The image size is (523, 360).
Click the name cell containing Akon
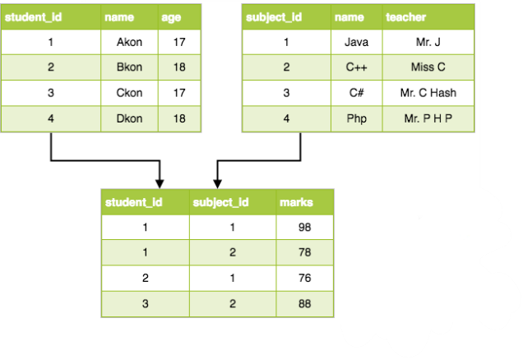[x=129, y=42]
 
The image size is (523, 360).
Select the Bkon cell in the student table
[x=129, y=67]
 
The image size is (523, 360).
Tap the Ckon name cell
[x=129, y=93]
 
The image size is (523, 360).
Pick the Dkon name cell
[x=129, y=118]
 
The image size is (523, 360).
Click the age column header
[x=179, y=17]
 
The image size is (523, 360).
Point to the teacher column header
[x=428, y=17]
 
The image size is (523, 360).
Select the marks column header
[x=305, y=202]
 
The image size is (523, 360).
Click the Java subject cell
[x=357, y=42]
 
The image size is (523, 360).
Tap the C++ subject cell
[x=357, y=67]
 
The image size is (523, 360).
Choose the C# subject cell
[x=357, y=93]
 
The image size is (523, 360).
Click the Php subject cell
[x=357, y=118]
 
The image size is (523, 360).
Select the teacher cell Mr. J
[x=428, y=42]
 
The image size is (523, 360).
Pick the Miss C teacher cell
[x=428, y=67]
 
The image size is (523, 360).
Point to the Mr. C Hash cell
[x=428, y=93]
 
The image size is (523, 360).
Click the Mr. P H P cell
[x=428, y=118]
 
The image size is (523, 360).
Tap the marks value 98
[x=305, y=227]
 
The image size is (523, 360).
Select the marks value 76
[x=305, y=278]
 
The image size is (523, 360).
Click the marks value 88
[x=305, y=303]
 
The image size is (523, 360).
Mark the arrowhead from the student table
[x=160, y=184]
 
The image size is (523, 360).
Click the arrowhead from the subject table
[x=217, y=184]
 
